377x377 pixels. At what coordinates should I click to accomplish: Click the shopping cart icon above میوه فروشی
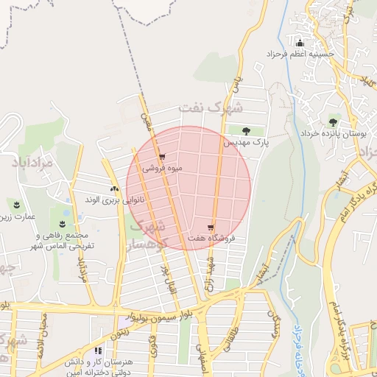tap(162, 157)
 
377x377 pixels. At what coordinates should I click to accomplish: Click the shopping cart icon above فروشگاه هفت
tap(211, 228)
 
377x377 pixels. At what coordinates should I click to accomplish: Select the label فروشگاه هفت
tap(211, 238)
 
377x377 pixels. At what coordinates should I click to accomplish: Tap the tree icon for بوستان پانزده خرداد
tap(333, 122)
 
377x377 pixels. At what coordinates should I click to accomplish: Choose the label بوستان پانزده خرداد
tap(333, 133)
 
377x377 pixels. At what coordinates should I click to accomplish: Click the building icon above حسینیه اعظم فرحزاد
tap(299, 42)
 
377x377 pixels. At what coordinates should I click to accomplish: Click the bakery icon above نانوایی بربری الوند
tap(114, 189)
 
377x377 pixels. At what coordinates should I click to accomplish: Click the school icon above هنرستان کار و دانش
tap(99, 352)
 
